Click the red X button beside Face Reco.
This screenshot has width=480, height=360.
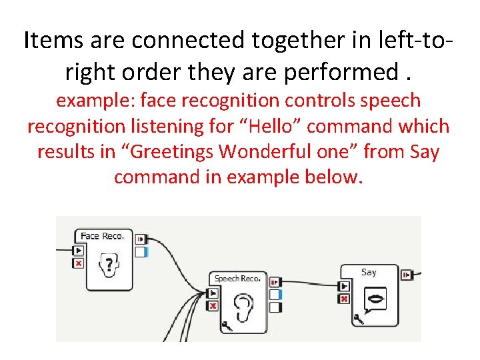(79, 263)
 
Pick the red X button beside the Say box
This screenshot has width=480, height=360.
(344, 299)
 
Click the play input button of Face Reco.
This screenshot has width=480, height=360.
(79, 251)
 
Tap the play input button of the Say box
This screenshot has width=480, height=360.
(344, 286)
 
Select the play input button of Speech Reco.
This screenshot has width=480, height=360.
(213, 293)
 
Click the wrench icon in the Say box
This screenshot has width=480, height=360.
(359, 318)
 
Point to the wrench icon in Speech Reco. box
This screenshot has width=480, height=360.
(227, 325)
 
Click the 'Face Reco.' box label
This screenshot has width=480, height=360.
(101, 236)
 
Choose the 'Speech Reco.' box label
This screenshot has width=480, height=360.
(237, 278)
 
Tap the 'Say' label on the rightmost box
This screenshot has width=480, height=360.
(369, 272)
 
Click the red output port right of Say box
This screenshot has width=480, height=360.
(407, 274)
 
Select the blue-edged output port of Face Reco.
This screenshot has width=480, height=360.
(141, 252)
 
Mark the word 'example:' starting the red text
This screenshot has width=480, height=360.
(87, 101)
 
